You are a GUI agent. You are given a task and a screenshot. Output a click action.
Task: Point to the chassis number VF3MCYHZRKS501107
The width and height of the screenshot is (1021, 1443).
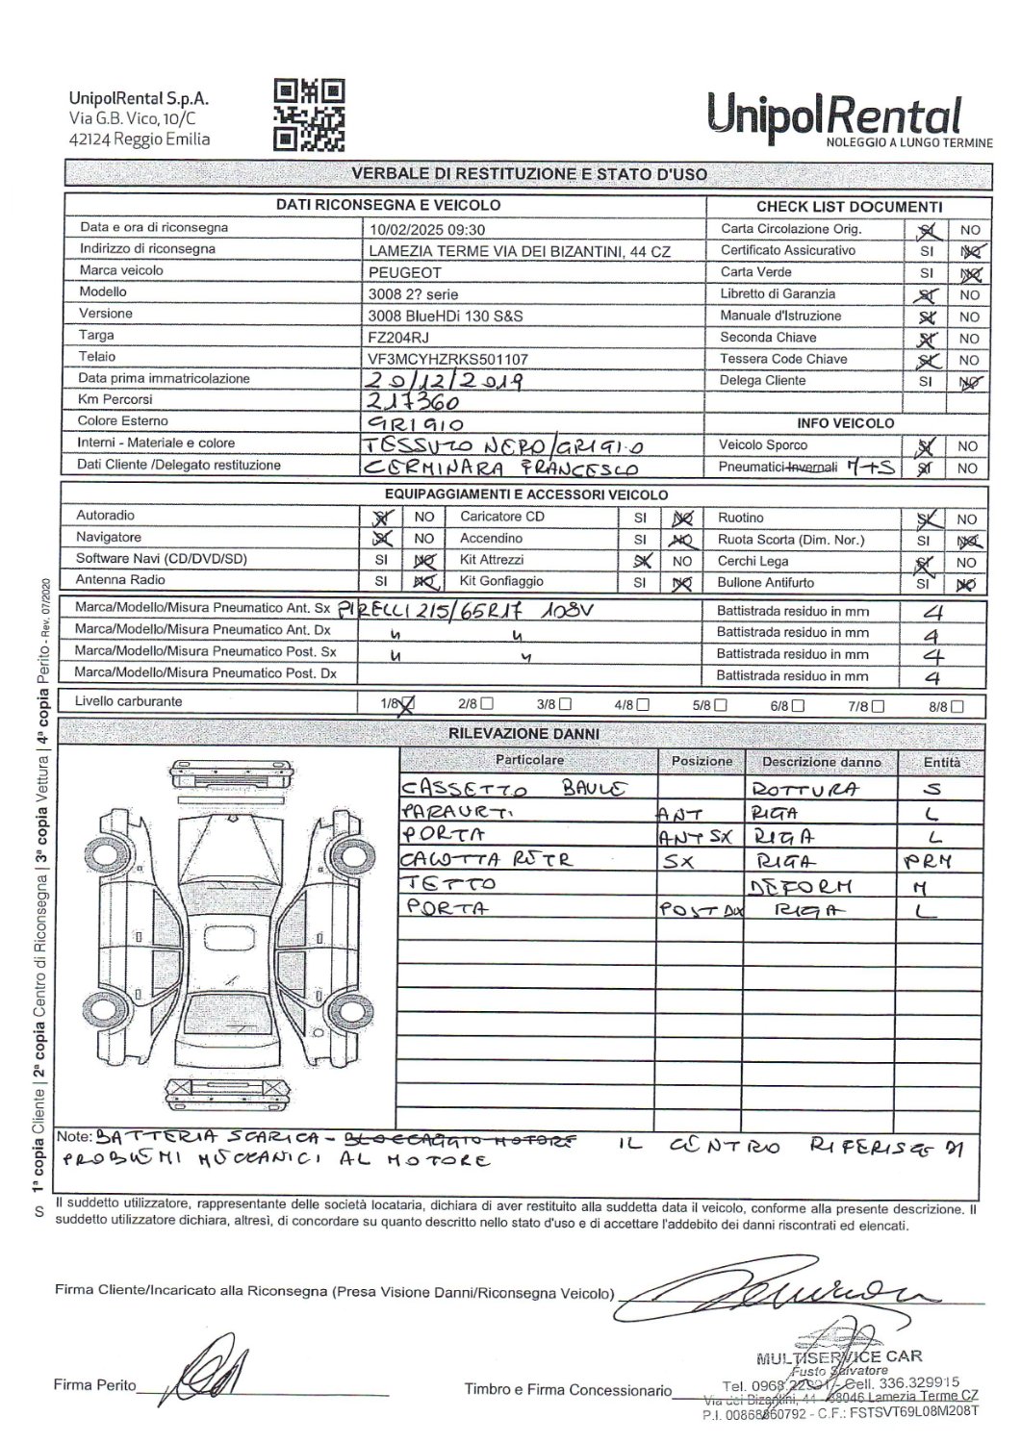coord(448,359)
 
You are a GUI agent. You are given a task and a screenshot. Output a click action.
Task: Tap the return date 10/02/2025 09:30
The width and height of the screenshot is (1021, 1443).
coord(427,230)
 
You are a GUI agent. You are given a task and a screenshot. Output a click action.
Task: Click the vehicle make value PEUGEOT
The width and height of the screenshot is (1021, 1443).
coord(405,272)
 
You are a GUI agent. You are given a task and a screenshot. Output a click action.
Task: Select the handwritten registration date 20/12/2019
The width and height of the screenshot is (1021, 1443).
coord(446,380)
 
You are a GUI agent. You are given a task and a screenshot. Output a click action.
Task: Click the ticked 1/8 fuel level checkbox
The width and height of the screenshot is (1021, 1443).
coord(407,704)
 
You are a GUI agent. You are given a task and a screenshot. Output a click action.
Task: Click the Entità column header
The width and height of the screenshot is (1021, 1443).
coord(942,762)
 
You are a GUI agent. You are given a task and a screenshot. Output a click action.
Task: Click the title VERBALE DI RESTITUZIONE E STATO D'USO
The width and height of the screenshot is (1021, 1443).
coord(528,174)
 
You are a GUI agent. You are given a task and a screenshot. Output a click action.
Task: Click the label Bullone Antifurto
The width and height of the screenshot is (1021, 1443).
coord(765,582)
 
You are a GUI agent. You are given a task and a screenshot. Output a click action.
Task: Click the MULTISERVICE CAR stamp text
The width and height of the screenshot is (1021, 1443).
coord(839,1356)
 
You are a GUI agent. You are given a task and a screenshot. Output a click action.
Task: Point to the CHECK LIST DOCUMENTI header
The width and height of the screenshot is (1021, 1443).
coord(849,207)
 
